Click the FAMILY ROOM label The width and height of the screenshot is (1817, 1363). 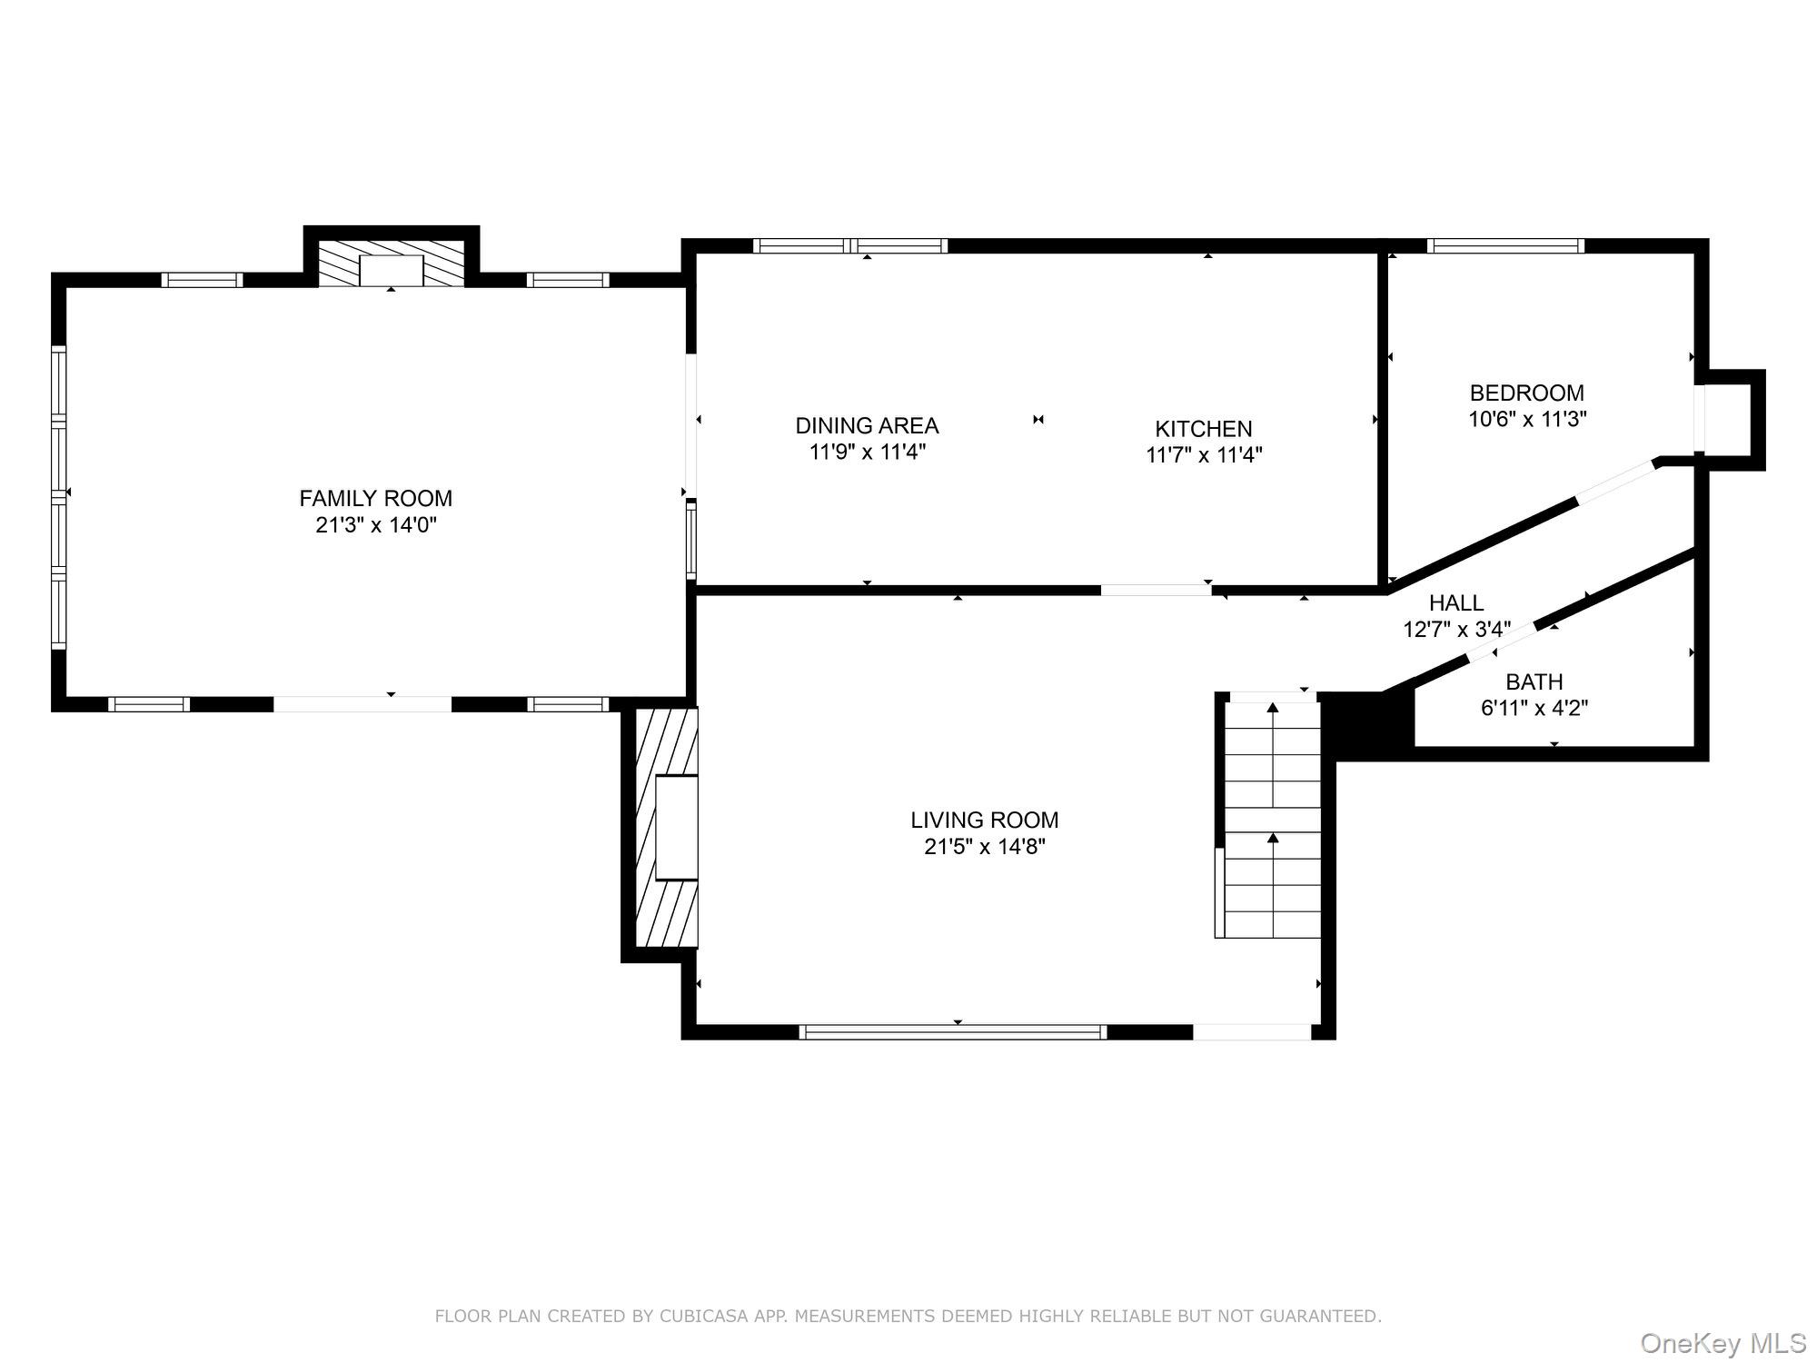point(375,498)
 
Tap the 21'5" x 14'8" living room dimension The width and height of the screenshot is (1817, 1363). point(985,847)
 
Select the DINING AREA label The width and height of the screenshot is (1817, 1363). point(867,425)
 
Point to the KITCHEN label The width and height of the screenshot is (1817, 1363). point(1203,429)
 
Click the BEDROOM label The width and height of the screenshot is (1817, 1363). point(1526,393)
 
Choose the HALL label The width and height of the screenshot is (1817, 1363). point(1455,602)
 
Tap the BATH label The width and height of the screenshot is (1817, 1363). point(1534,681)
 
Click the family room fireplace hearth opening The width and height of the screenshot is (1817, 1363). point(391,271)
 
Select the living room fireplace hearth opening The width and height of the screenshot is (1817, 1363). point(677,827)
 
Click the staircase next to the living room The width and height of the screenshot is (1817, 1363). point(1272,818)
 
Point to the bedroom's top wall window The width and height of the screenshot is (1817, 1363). point(1505,245)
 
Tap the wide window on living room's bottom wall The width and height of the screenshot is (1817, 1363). point(953,1031)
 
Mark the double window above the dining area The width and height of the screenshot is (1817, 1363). point(850,245)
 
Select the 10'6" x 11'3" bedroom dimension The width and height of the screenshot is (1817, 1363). point(1527,419)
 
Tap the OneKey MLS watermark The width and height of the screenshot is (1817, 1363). point(1723,1343)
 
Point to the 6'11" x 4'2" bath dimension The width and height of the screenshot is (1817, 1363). point(1534,708)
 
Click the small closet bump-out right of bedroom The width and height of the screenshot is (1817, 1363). point(1731,419)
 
